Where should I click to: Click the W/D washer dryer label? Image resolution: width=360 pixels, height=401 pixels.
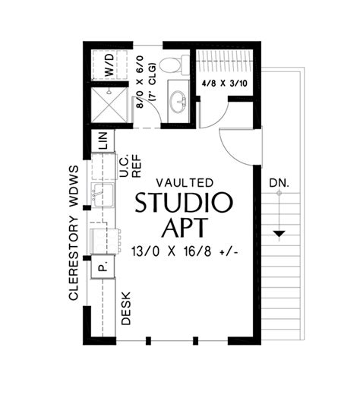point(109,65)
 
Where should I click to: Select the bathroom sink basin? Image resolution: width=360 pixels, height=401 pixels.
point(178,101)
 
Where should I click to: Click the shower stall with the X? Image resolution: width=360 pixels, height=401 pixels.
point(109,105)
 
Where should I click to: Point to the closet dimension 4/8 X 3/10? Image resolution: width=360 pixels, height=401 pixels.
point(225,84)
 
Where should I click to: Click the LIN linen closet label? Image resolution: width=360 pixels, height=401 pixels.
point(103,141)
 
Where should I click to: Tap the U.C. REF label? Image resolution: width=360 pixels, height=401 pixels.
point(130,166)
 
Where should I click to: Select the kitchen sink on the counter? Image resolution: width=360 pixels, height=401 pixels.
point(102,195)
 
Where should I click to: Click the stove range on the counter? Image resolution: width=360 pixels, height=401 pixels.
point(105,242)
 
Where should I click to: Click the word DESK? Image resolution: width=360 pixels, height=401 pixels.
point(126,308)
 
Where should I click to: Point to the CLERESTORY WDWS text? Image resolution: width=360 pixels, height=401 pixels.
point(74,232)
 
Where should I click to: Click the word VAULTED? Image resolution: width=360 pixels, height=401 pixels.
point(185,183)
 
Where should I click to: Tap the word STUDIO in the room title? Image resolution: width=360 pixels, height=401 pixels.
point(184,203)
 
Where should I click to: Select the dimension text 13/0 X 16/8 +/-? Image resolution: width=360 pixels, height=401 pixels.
point(185,251)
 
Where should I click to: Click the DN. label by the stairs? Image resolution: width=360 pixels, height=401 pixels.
point(279,183)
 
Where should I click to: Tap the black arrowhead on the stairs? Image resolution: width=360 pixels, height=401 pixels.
point(279,234)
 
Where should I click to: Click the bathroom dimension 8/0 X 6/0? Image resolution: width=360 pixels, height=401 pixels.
point(140,82)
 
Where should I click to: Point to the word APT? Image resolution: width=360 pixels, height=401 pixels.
point(184,227)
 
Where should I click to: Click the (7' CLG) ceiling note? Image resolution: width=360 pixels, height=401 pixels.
point(152,81)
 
